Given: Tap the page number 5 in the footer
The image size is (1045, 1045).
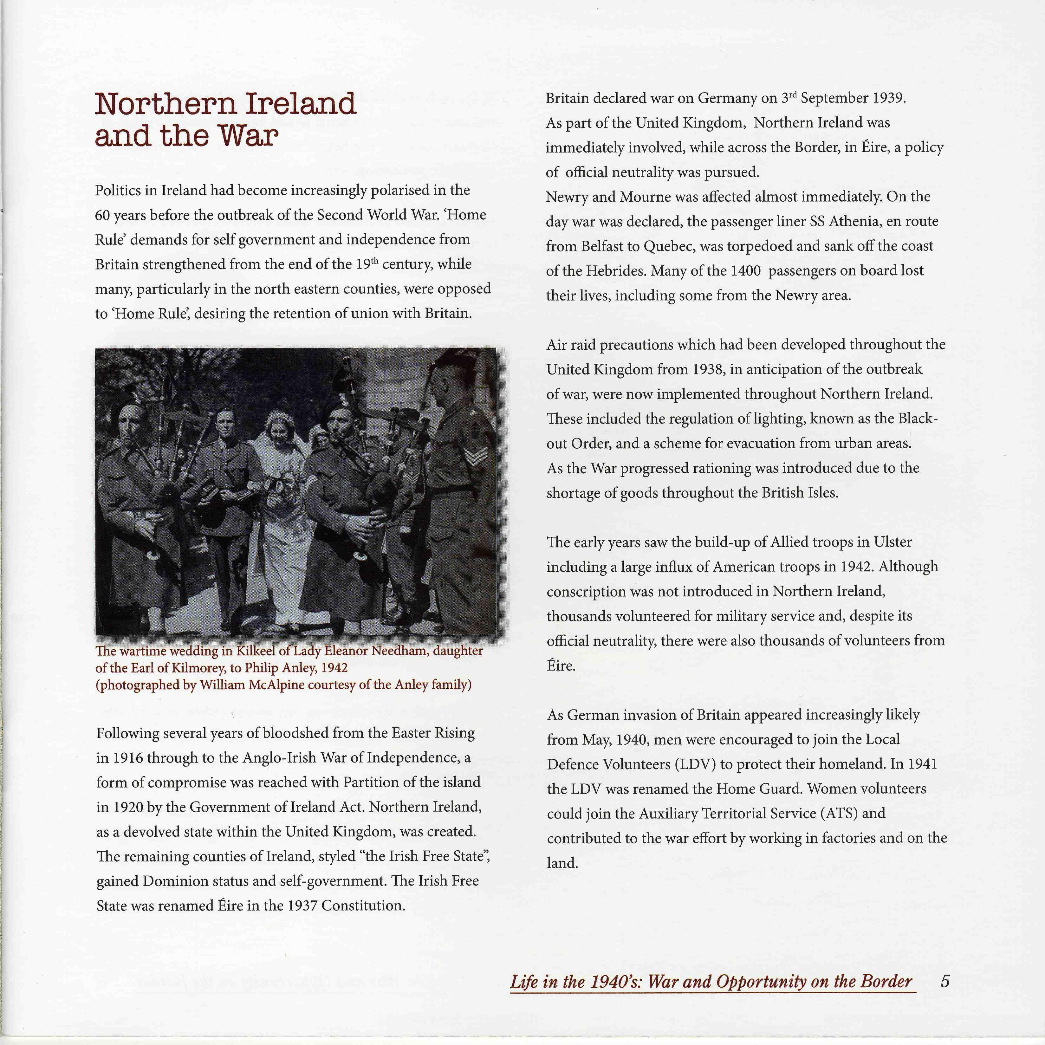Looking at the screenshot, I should click(944, 981).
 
